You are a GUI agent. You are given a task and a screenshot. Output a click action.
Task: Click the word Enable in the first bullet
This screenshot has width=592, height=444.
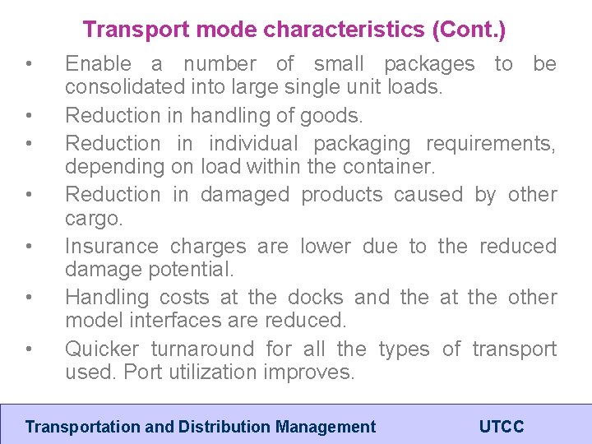(x=98, y=64)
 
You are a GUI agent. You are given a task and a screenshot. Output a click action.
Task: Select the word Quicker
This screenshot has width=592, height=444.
(x=102, y=349)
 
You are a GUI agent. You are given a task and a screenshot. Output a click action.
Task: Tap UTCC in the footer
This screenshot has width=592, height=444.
(x=502, y=427)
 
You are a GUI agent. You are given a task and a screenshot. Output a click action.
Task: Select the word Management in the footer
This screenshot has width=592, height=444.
(x=326, y=427)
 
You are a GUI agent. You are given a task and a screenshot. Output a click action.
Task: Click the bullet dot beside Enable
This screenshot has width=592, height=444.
(x=29, y=64)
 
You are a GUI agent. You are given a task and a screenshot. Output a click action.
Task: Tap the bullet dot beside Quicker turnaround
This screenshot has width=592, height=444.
(x=29, y=349)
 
